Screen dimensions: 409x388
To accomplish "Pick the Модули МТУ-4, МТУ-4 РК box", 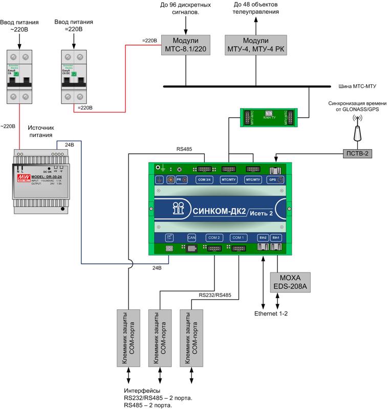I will click(255, 44).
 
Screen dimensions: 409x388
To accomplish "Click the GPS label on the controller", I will click(273, 180).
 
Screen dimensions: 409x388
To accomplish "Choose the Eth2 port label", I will click(262, 238).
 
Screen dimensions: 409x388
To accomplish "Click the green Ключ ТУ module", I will click(269, 117).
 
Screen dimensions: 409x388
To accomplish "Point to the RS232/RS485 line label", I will click(215, 295).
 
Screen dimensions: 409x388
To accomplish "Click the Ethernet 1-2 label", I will click(271, 313).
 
